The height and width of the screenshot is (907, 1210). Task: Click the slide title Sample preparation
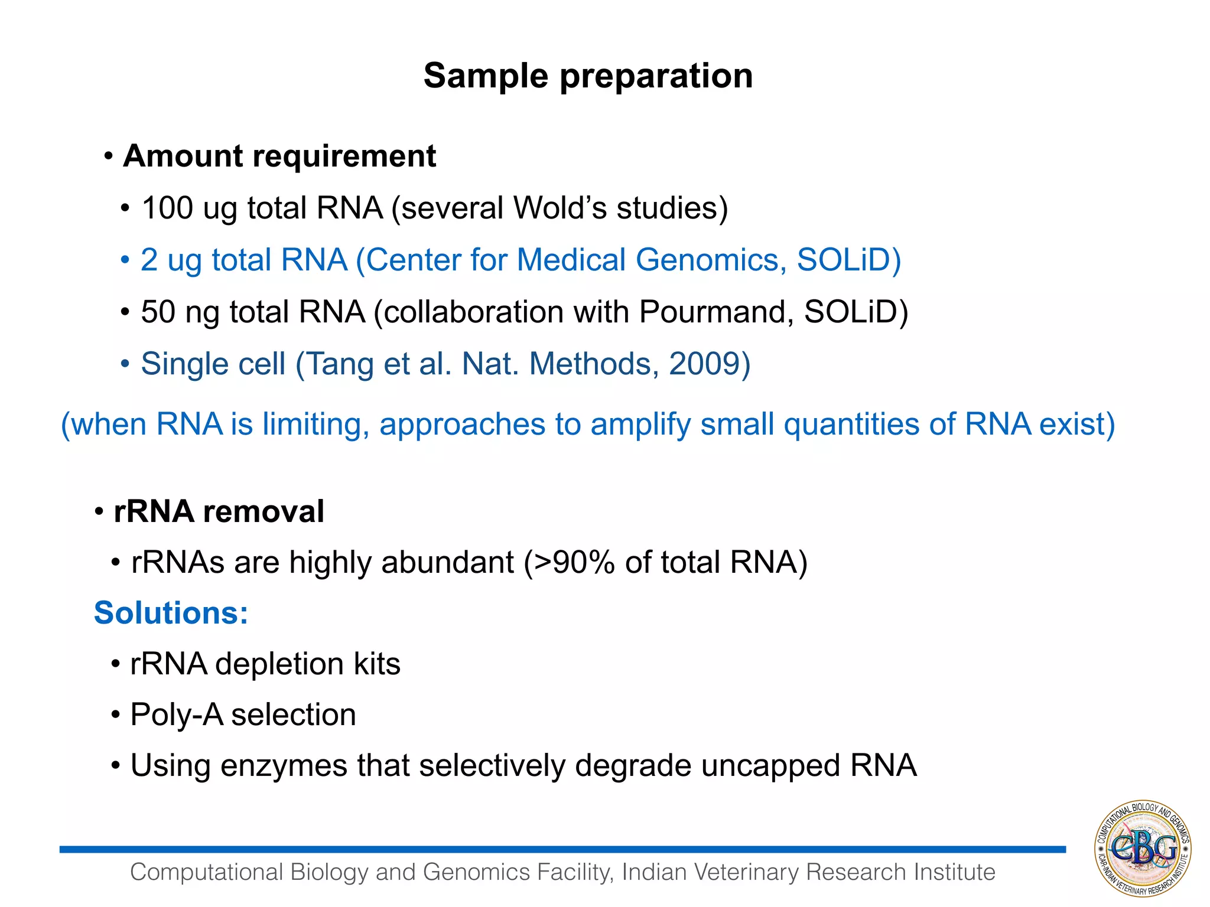tap(588, 76)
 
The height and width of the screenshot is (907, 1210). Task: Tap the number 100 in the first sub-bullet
tap(167, 208)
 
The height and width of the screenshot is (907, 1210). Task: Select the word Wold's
tap(560, 208)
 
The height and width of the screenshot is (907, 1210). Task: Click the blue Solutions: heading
tap(171, 613)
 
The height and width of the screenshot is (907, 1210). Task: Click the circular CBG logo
tap(1143, 849)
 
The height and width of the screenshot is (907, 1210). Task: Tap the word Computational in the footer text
tap(207, 872)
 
